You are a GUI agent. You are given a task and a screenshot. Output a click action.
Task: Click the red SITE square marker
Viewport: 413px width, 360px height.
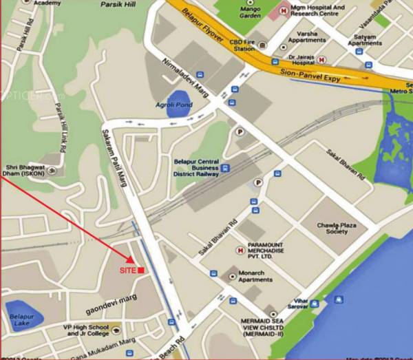140,271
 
